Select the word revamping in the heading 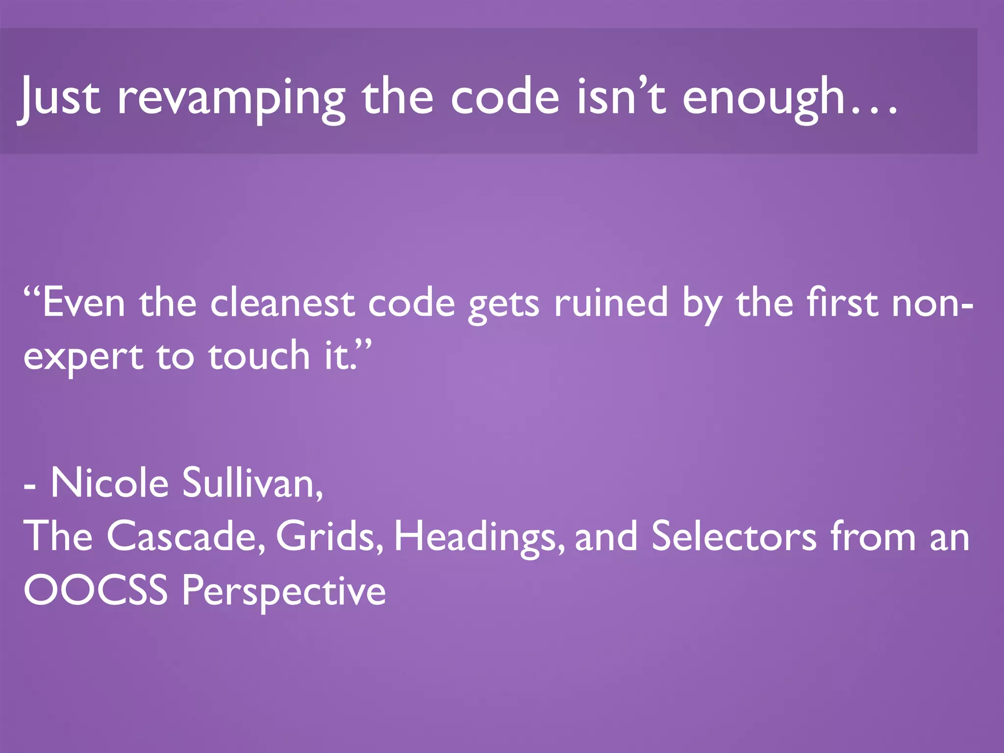coord(231,98)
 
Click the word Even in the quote coord(83,303)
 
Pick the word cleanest coord(282,303)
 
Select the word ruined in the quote coord(611,303)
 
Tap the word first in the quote coord(843,303)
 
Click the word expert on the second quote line coord(83,358)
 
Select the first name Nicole coord(110,483)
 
